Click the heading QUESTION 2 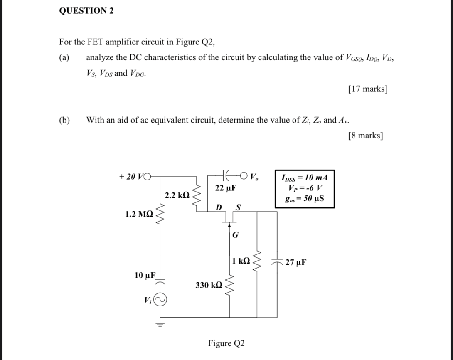86,11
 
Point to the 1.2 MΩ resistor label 139,215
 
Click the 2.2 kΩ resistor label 177,195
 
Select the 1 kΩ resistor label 241,261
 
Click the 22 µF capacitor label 226,188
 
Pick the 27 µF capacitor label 296,262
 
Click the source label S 238,207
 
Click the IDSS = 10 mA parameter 304,178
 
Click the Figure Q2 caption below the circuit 226,343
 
